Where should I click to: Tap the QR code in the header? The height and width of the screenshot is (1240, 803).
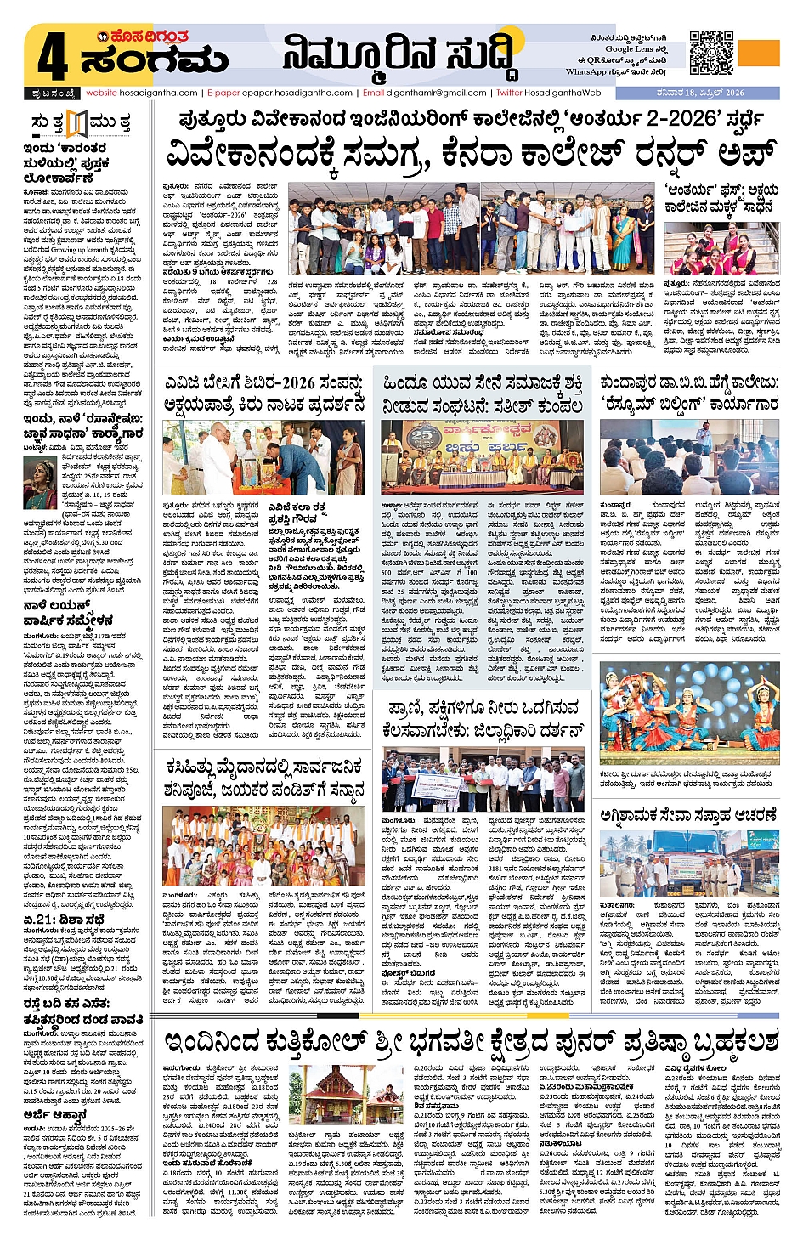(711, 54)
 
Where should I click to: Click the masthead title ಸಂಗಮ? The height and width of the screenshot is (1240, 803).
(155, 61)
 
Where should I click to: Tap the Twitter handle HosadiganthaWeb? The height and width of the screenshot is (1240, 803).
(549, 93)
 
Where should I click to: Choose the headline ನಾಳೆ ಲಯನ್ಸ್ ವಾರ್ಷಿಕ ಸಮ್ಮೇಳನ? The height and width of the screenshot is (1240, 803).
(68, 613)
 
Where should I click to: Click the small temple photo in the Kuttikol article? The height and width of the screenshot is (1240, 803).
(346, 1093)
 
